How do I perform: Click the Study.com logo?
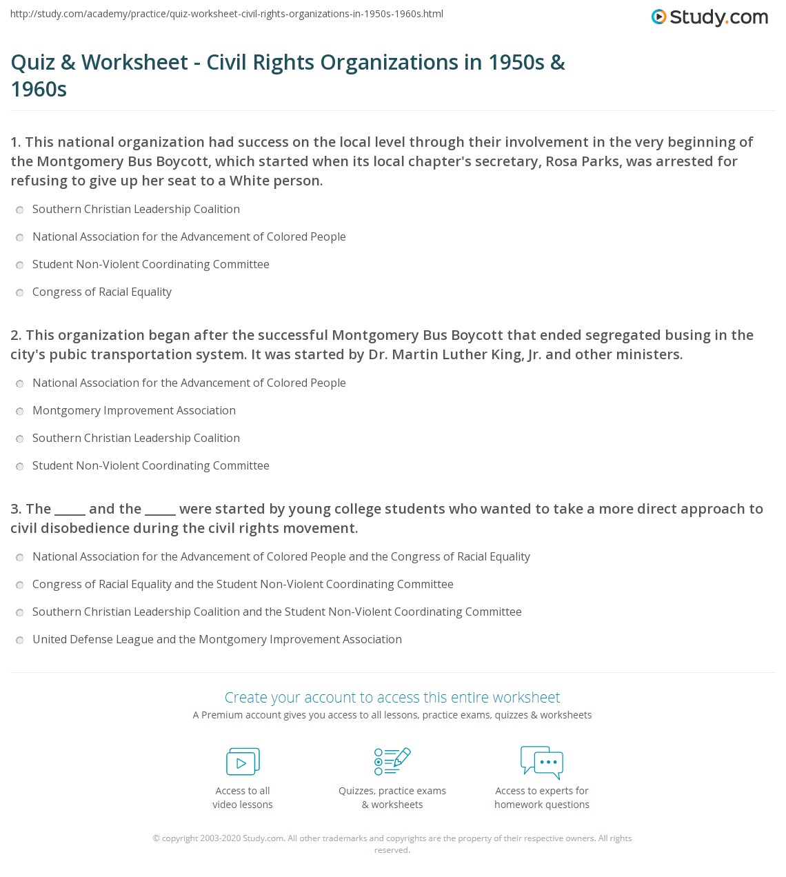709,17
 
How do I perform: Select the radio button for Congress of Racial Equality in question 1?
20,292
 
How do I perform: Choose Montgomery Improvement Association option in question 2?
20,411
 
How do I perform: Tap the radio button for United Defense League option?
20,640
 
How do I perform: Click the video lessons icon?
243,762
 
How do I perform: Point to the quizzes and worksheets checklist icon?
392,761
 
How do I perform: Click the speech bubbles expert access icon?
542,762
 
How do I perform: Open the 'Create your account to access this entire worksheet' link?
392,697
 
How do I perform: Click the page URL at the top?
227,14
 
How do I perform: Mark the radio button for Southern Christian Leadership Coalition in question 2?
20,438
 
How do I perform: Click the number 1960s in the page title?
39,90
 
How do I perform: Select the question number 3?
16,509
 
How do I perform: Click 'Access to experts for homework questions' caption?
542,798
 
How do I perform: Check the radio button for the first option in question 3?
20,557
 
